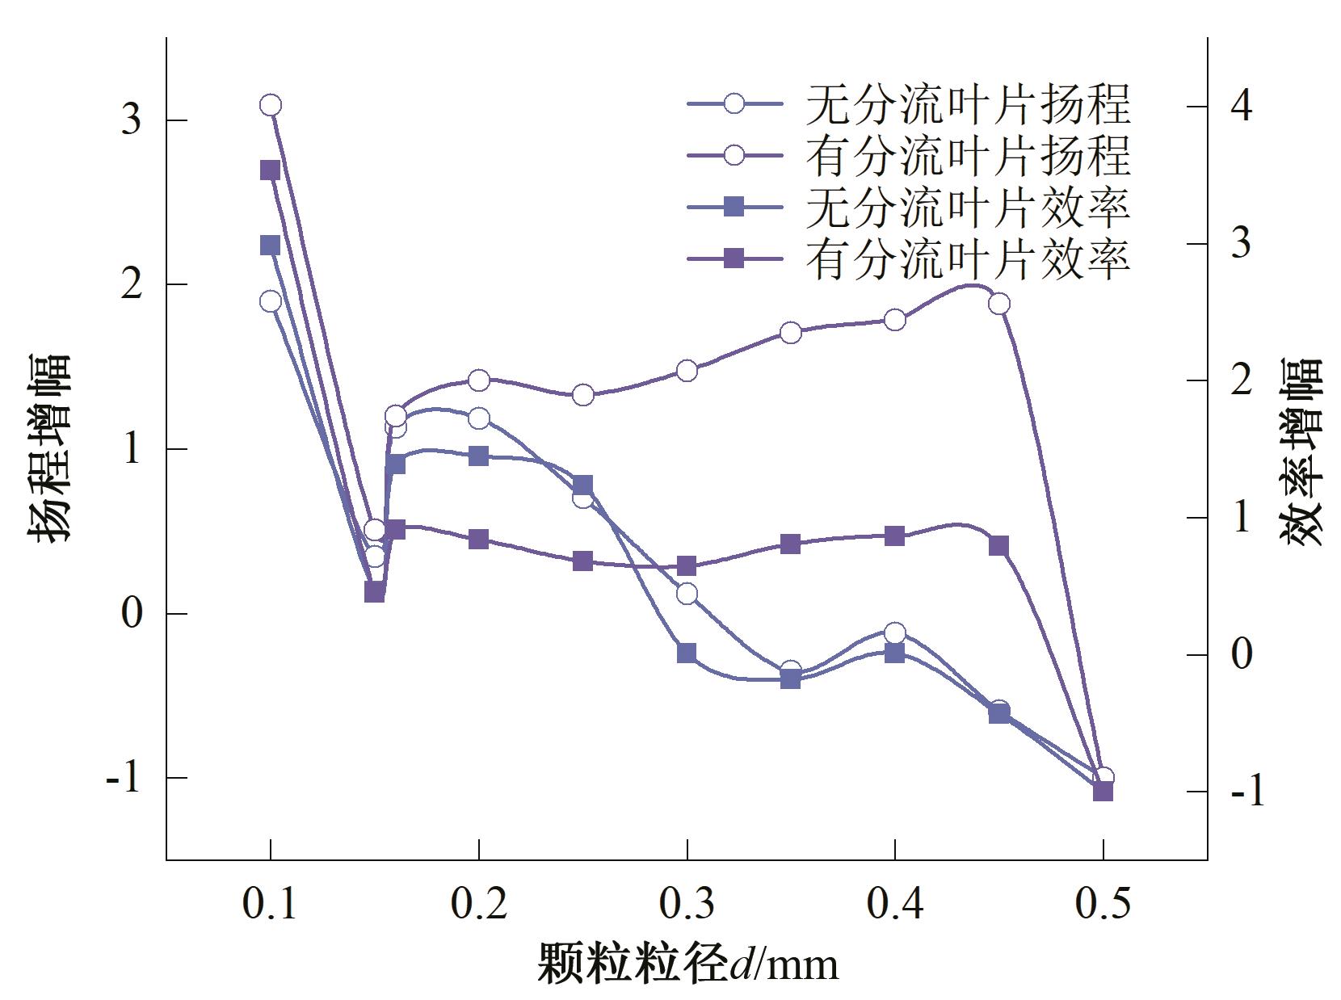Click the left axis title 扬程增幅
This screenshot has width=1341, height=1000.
50,447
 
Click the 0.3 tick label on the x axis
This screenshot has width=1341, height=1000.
687,905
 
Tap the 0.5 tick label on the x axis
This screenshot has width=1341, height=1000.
1103,905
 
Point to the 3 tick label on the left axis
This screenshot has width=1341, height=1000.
131,120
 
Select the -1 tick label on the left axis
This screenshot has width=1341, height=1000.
124,778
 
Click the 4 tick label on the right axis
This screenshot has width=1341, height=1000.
1242,106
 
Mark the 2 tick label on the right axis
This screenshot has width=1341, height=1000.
1242,380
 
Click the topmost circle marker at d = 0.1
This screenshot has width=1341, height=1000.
271,105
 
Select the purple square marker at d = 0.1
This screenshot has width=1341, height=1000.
270,170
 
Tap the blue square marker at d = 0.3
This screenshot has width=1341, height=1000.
687,653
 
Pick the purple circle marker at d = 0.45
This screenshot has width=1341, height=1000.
999,304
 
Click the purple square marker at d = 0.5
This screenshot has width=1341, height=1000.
1103,792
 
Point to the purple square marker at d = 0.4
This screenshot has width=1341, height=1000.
894,536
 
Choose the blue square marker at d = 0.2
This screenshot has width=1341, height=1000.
479,456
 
